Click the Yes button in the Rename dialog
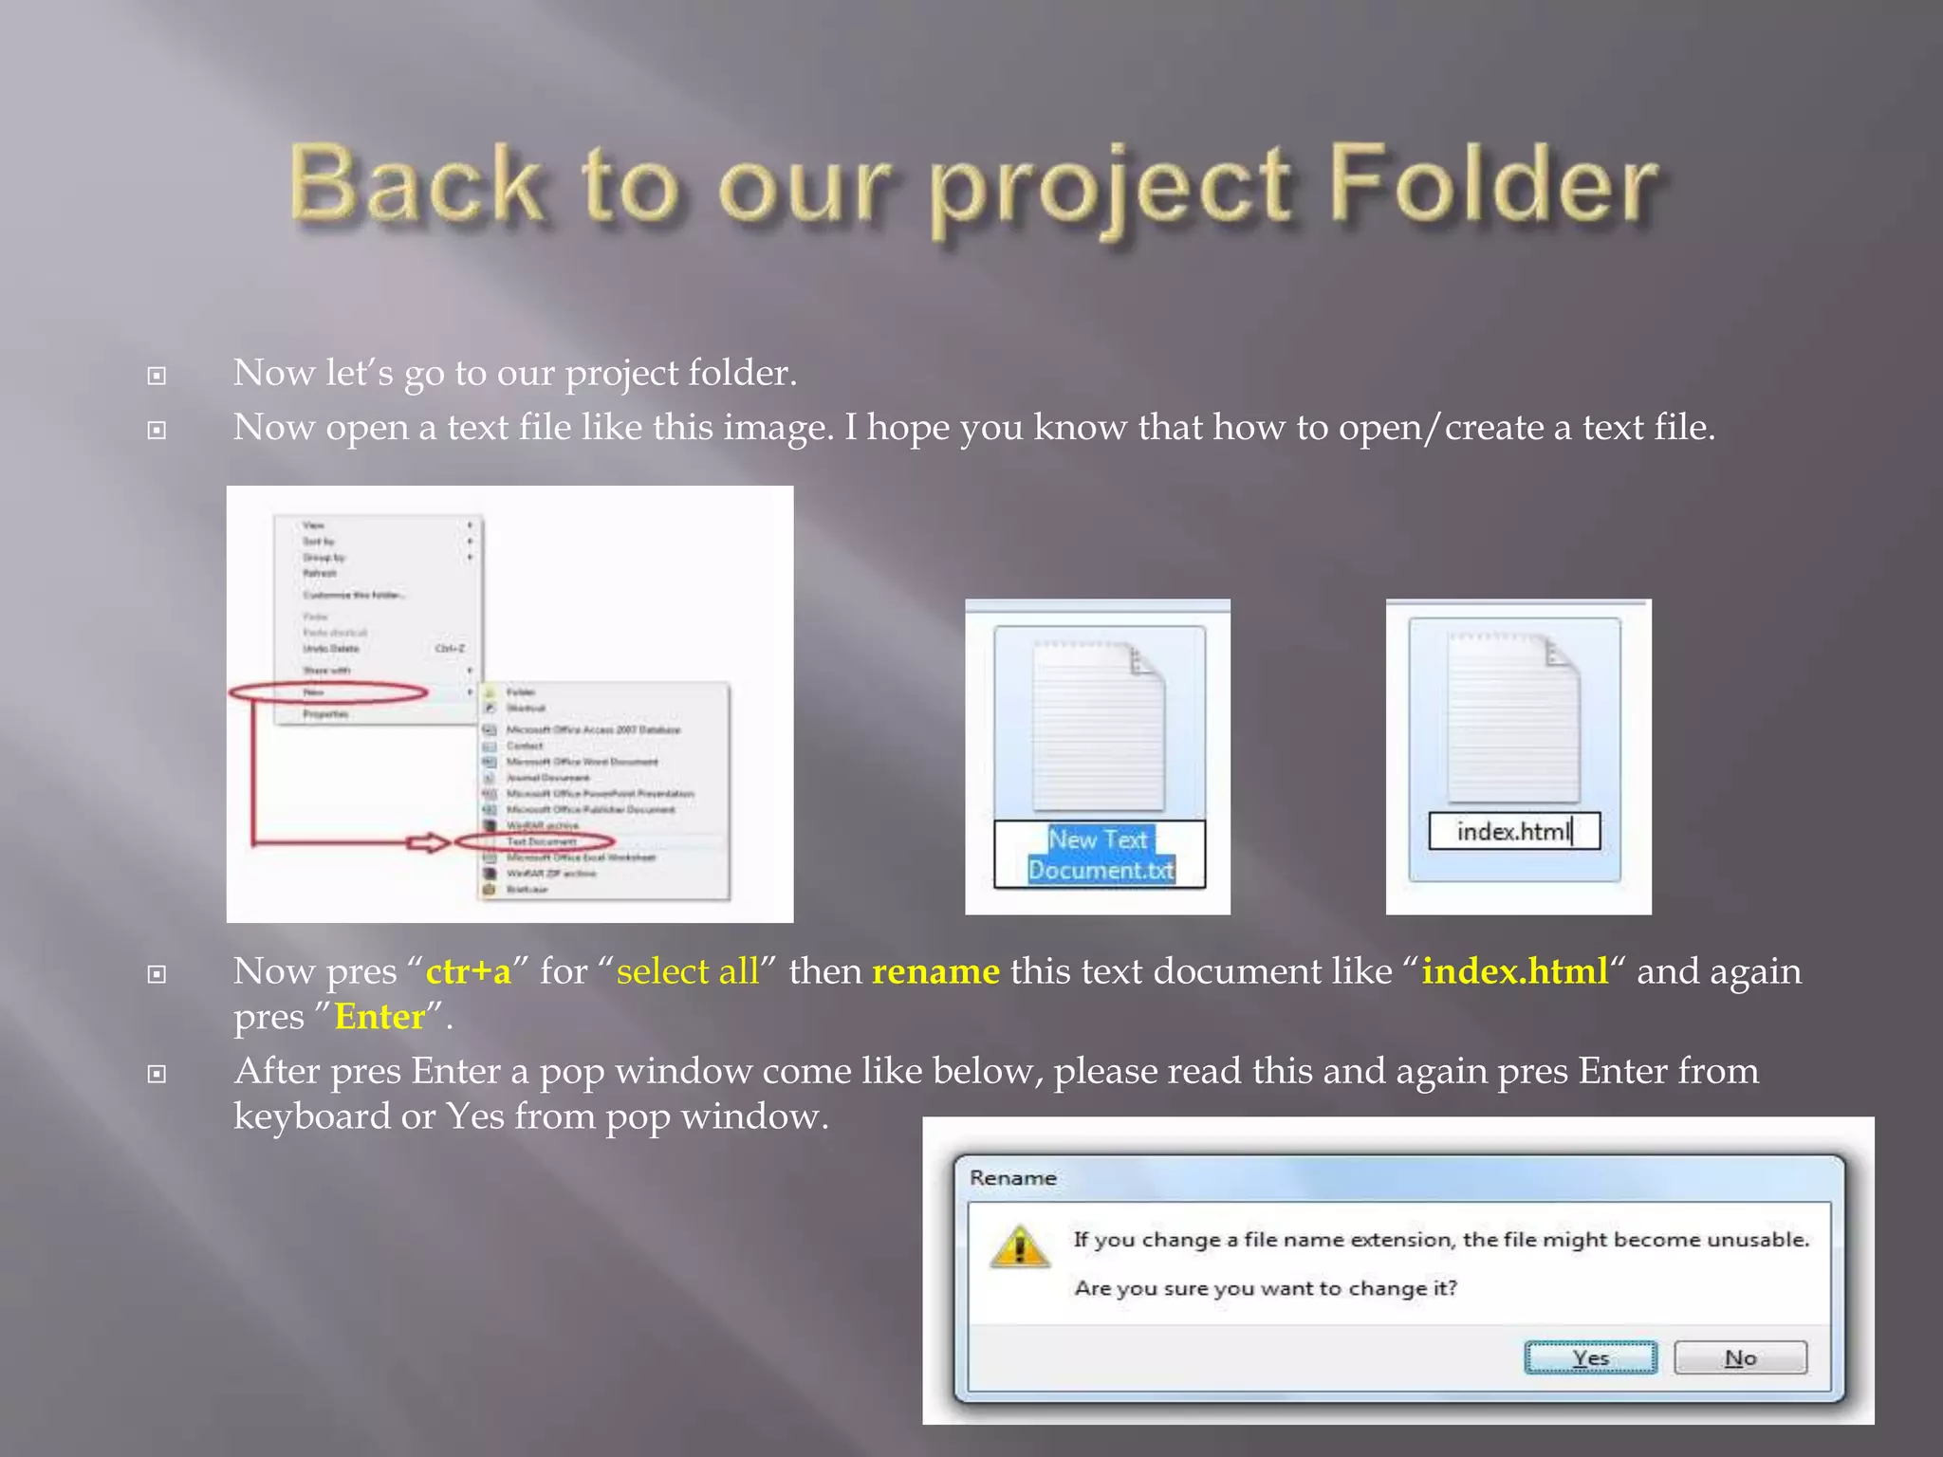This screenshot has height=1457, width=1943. click(1590, 1357)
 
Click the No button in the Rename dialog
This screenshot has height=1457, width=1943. click(1740, 1357)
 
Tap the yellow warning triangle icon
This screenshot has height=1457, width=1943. click(1020, 1246)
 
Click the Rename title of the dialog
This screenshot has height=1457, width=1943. click(1012, 1178)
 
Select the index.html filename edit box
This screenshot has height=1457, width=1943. click(1514, 831)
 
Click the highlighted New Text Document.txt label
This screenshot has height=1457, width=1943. click(1101, 855)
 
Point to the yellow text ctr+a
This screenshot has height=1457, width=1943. click(468, 971)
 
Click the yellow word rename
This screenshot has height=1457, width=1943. click(935, 971)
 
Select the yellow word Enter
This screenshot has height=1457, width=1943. click(379, 1017)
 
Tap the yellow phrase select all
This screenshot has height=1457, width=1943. click(688, 971)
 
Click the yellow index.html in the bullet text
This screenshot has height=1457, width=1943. click(1515, 971)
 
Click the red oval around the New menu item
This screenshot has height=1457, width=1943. click(328, 692)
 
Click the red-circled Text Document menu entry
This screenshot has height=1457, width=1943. click(541, 841)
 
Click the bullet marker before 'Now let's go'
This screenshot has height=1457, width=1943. click(157, 377)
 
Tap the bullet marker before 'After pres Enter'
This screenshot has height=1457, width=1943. click(157, 1074)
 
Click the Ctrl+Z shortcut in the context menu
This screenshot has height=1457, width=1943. click(450, 649)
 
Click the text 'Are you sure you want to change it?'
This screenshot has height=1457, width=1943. click(1266, 1288)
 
